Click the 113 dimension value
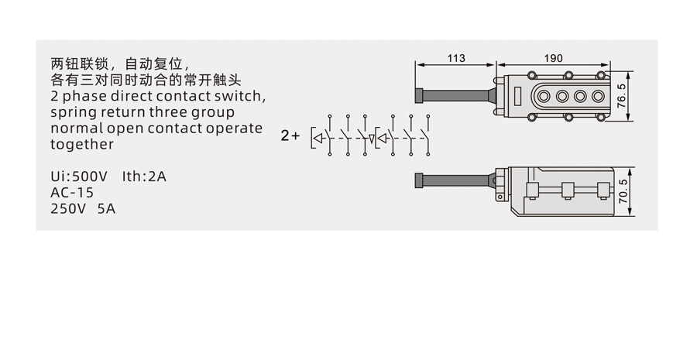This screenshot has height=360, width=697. click(456, 58)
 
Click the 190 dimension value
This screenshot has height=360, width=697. click(553, 58)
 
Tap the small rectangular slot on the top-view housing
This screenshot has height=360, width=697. click(518, 97)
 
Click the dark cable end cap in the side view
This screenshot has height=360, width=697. click(419, 180)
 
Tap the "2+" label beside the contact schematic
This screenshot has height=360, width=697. click(290, 135)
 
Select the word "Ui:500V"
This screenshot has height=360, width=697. click(79, 177)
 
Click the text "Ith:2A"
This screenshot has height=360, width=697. click(144, 177)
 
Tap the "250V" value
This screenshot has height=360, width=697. click(69, 208)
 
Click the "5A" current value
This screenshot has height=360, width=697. click(107, 208)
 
